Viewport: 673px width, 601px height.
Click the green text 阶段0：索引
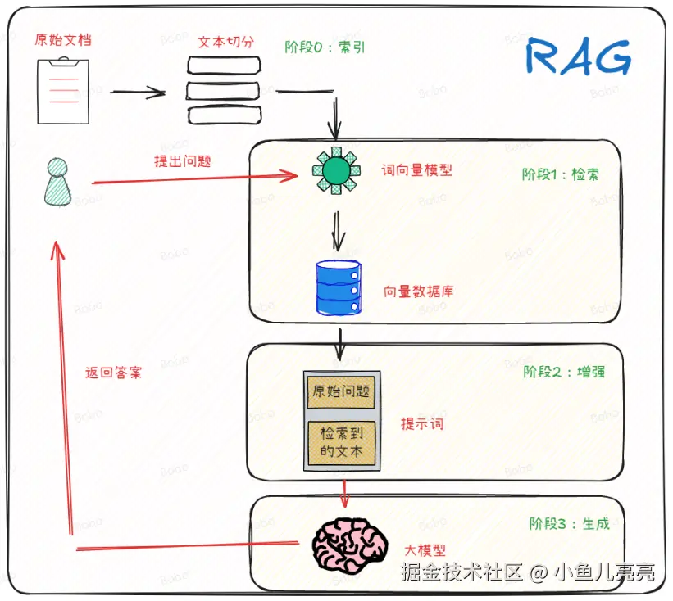[325, 47]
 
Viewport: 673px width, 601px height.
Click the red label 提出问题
[182, 161]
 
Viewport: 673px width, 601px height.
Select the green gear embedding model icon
[335, 171]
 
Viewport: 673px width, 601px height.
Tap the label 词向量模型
[417, 170]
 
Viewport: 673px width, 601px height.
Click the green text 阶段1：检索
[560, 174]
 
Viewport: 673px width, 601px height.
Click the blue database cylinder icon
[339, 287]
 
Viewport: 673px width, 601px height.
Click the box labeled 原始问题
[341, 391]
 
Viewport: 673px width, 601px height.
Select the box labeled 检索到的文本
[341, 443]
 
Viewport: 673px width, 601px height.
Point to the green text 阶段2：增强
[564, 372]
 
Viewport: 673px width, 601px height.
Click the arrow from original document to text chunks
[138, 93]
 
